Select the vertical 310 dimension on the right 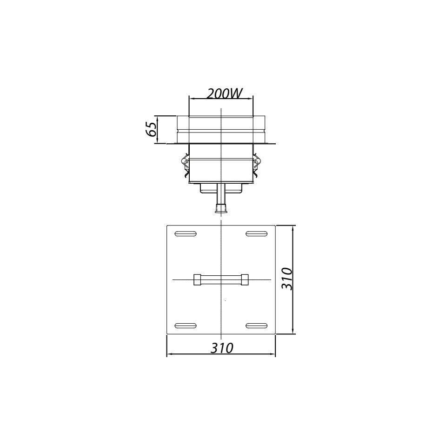[287, 279]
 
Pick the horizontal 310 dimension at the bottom [222, 348]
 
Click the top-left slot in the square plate [186, 233]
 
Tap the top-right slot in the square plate [256, 233]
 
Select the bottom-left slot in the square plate [186, 326]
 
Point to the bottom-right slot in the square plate [256, 326]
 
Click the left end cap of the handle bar [198, 279]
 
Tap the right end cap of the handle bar [245, 279]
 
